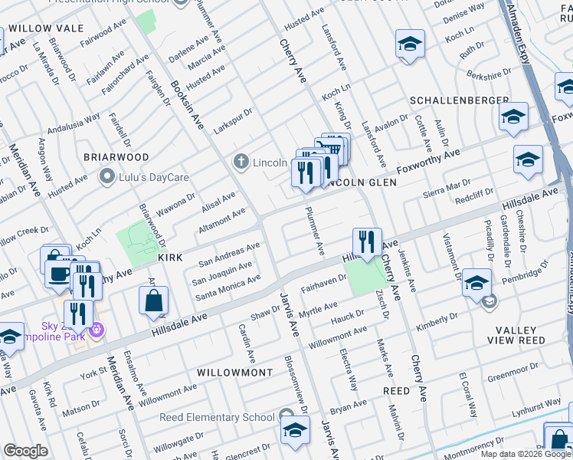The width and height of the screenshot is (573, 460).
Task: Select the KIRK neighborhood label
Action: coord(170,258)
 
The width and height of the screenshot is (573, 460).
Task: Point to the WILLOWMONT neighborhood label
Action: coord(234,372)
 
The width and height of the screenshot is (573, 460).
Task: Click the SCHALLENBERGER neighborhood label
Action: coord(460,100)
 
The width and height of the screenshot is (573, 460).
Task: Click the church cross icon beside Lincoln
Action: coord(241,162)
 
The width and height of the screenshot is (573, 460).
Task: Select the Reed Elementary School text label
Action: coord(217,417)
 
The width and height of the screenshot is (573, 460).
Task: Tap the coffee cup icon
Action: coord(58,274)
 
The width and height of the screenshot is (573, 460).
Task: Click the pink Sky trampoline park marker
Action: coord(96,331)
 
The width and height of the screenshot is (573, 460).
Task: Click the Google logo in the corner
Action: coord(25,451)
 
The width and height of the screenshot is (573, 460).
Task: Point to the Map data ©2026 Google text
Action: coord(525,454)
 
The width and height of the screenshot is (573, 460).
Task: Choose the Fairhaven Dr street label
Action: coord(323,284)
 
